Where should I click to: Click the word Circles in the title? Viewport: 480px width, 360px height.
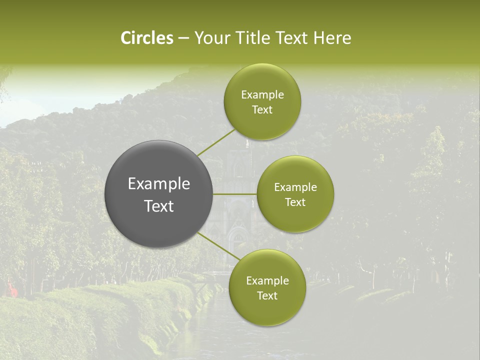click(147, 38)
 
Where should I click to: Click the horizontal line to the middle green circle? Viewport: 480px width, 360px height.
click(235, 194)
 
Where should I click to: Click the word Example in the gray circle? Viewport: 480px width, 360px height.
click(159, 184)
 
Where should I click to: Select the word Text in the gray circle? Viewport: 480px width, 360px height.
click(159, 206)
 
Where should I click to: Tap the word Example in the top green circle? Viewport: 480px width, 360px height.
click(262, 95)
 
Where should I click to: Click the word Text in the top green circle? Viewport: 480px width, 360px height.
click(262, 110)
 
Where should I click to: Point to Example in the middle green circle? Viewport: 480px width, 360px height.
click(295, 187)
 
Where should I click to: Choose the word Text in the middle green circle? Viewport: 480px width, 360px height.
click(295, 202)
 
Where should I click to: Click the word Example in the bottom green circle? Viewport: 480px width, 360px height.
click(267, 281)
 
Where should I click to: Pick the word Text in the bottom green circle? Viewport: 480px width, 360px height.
click(267, 296)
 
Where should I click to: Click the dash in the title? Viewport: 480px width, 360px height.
click(183, 38)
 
